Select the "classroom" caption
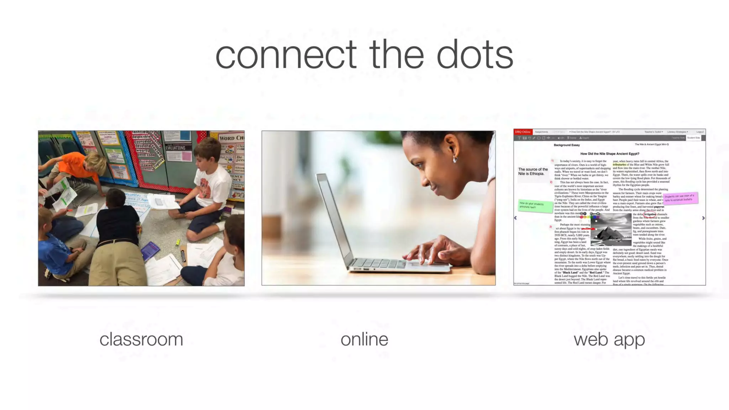[141, 339]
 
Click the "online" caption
[364, 339]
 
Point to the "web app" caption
[609, 339]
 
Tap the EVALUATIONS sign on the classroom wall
[176, 148]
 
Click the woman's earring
[455, 160]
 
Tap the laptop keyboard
[377, 264]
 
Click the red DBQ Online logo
[523, 132]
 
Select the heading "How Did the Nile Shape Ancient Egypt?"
[609, 154]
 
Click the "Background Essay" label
[567, 145]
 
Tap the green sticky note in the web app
[535, 206]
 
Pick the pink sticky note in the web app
[680, 198]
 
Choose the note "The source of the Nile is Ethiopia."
[533, 172]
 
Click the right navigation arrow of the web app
[703, 218]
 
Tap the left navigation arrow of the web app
[515, 218]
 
